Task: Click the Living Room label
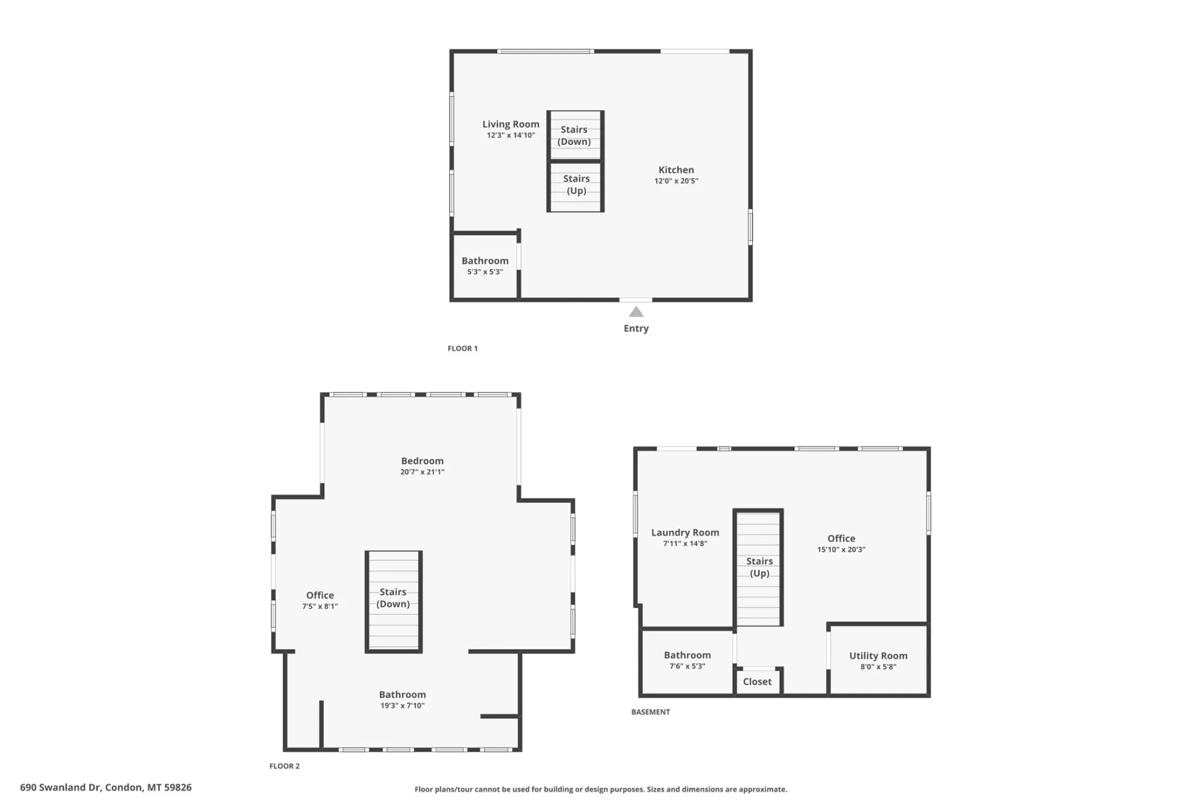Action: [511, 124]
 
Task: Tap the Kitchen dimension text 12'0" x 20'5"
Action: [676, 181]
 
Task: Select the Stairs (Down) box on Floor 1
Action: [575, 135]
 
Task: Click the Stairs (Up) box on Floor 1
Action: [575, 187]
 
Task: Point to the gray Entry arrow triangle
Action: [636, 311]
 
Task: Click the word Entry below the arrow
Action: [636, 328]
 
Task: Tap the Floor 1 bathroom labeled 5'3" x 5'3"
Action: [485, 265]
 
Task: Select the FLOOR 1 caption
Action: [463, 348]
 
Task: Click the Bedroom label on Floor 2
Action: [422, 461]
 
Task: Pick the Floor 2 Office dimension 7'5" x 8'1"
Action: [320, 606]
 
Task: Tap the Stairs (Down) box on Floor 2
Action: [393, 601]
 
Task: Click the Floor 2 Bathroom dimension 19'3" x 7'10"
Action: [402, 705]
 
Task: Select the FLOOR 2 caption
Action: [285, 766]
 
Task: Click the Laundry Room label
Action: [685, 532]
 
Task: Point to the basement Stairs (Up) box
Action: [758, 568]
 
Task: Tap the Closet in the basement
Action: [757, 681]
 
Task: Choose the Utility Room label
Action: [878, 655]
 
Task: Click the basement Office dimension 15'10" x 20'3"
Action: [841, 549]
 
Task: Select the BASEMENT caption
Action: [650, 712]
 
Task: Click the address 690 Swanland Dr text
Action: [60, 787]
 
